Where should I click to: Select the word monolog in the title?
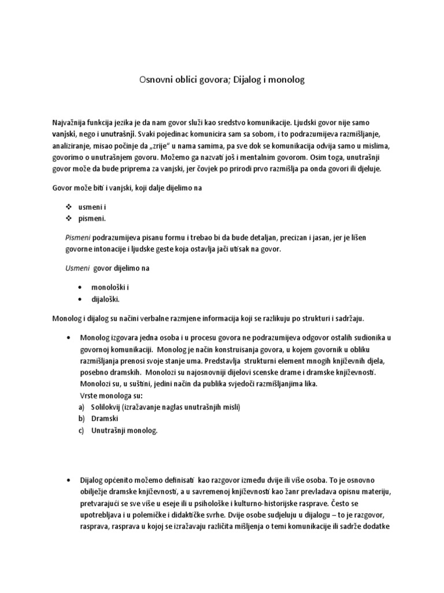286,80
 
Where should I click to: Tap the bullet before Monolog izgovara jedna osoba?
69,338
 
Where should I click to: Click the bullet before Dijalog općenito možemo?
69,481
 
